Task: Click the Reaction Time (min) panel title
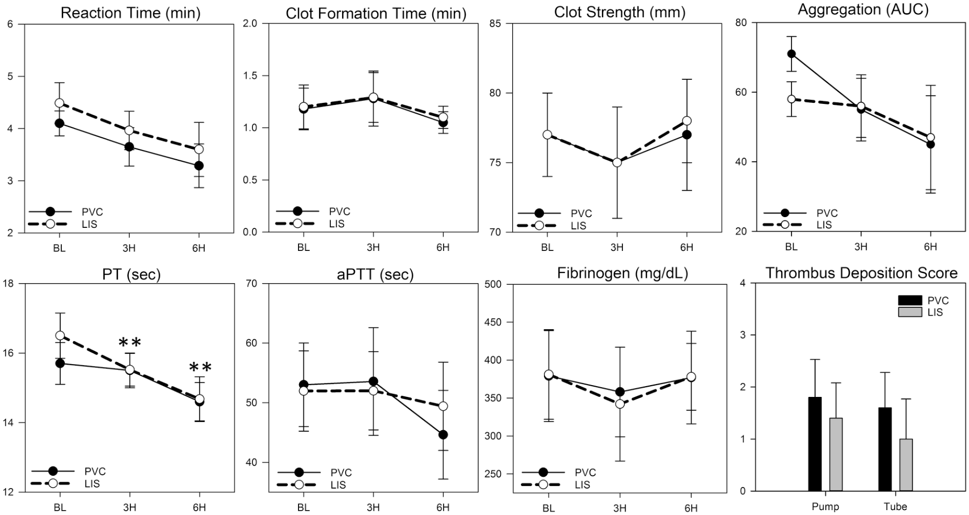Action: pos(130,13)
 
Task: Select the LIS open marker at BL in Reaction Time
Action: pos(59,103)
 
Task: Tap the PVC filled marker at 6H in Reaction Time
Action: pos(199,166)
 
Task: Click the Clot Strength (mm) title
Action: pos(620,12)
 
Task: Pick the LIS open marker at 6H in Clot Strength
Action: pos(687,121)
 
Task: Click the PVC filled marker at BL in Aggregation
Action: pos(791,54)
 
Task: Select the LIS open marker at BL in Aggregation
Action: pos(791,99)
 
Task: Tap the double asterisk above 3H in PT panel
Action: pos(130,343)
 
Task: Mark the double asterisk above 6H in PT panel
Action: pos(200,368)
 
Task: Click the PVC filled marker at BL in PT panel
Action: pos(60,363)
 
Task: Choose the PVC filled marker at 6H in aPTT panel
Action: pos(443,435)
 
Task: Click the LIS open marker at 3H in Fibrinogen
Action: pos(620,404)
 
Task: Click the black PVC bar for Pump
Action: pos(815,444)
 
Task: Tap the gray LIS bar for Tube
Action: pos(906,465)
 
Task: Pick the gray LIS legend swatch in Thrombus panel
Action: pos(910,312)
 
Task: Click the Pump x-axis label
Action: pos(825,506)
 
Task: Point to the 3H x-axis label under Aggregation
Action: pos(861,247)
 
